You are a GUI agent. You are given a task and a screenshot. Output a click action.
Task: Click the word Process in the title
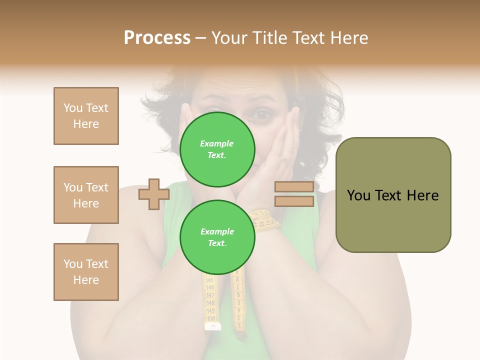pyautogui.click(x=157, y=38)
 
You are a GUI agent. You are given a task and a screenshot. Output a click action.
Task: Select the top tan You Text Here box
pyautogui.click(x=86, y=116)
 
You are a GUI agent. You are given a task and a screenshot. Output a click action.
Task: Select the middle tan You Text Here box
pyautogui.click(x=86, y=195)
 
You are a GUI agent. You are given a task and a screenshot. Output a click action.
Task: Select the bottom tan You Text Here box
pyautogui.click(x=86, y=272)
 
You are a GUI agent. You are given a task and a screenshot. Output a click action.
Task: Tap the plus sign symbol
pyautogui.click(x=153, y=194)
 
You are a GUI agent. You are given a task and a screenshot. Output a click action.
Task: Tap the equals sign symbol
pyautogui.click(x=294, y=194)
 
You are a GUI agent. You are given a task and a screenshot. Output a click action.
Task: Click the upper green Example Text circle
pyautogui.click(x=217, y=149)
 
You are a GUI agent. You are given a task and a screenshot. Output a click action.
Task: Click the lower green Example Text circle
pyautogui.click(x=217, y=237)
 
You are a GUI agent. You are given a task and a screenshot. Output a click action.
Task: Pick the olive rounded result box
pyautogui.click(x=393, y=195)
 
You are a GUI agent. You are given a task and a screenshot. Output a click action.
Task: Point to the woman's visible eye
pyautogui.click(x=261, y=115)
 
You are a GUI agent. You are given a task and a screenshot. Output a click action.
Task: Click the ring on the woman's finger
pyautogui.click(x=284, y=160)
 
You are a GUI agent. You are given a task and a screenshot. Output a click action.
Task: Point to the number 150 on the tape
pyautogui.click(x=211, y=318)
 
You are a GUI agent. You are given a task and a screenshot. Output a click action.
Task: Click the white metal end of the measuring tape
pyautogui.click(x=212, y=326)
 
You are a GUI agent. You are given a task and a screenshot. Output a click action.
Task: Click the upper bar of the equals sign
pyautogui.click(x=294, y=187)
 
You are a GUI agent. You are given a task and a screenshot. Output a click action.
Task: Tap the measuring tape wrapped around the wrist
pyautogui.click(x=264, y=220)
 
